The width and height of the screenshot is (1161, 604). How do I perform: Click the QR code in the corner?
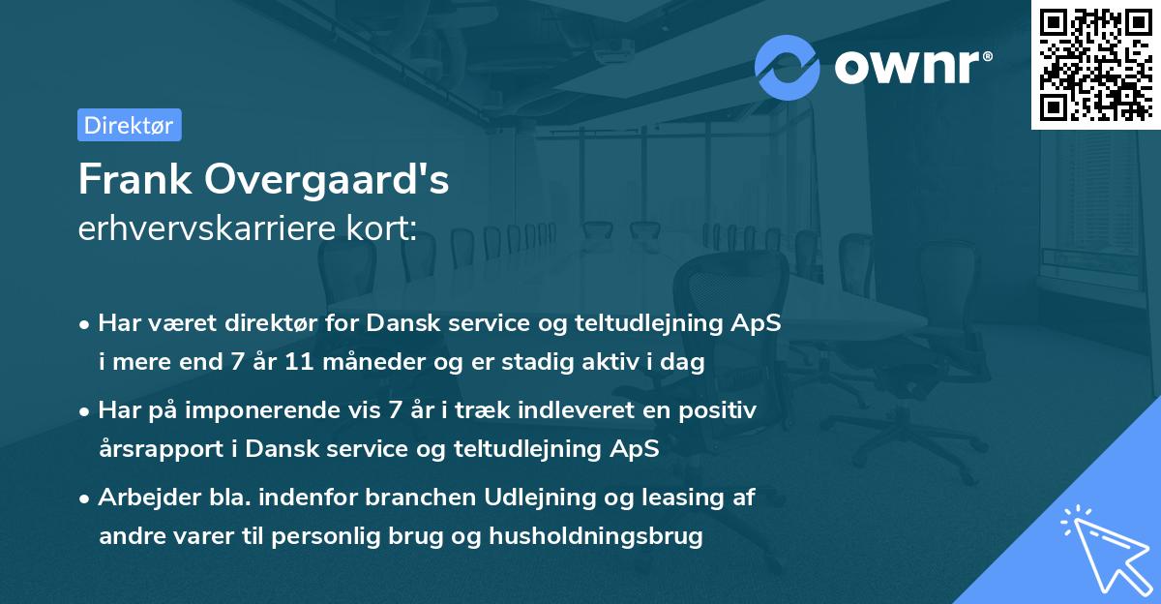(x=1095, y=64)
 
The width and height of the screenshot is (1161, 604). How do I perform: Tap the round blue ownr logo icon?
(x=787, y=67)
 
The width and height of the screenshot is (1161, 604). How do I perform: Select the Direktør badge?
(x=129, y=125)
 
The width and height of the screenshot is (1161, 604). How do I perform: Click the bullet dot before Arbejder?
(x=86, y=498)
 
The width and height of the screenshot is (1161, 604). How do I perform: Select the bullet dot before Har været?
(x=86, y=325)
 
